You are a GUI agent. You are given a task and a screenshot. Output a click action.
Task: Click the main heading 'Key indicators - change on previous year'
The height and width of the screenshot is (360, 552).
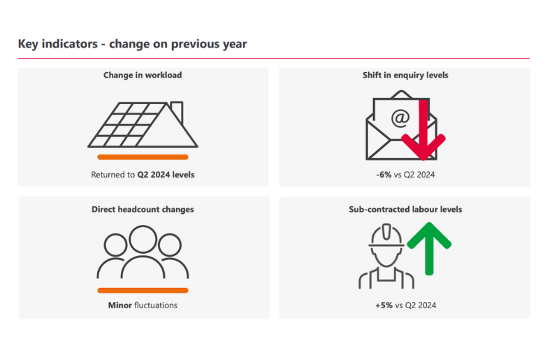132,44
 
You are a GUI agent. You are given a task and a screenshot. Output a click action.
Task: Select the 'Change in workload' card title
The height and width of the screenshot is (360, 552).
143,75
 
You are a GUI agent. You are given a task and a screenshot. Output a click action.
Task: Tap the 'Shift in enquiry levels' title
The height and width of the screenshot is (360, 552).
405,75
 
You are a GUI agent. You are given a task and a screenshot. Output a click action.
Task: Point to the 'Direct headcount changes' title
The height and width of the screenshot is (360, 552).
143,209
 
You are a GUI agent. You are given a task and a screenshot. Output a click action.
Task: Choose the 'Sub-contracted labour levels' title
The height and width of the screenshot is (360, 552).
405,209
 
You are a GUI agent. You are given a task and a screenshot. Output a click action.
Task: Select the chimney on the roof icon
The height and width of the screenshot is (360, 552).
177,110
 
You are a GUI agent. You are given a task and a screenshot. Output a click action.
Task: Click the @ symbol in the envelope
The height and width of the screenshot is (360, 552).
400,118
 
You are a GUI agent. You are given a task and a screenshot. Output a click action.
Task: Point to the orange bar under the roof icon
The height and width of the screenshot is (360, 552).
143,157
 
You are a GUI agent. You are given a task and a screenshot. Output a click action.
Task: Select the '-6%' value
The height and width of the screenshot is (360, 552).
384,175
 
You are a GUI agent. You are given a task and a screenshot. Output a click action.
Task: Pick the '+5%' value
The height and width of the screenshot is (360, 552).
384,305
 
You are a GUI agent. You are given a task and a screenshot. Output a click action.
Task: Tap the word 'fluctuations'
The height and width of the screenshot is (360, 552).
156,305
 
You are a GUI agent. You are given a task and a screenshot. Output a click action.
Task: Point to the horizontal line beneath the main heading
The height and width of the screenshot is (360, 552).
273,59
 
